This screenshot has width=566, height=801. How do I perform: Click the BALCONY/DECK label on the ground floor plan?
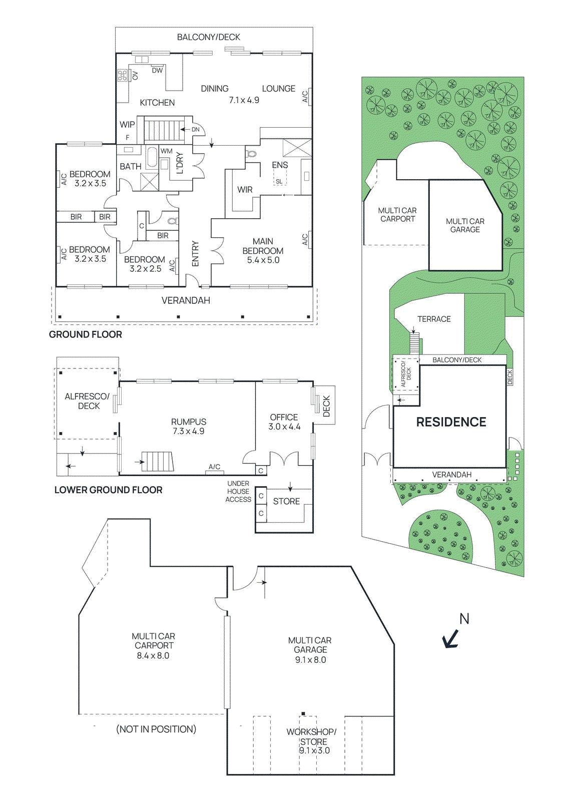pos(208,37)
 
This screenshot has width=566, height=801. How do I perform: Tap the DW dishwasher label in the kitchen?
pos(157,71)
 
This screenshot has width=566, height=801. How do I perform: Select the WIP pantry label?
pos(127,124)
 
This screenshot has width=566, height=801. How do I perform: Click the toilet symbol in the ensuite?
pos(251,154)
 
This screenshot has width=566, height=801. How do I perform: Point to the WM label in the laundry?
pos(166,151)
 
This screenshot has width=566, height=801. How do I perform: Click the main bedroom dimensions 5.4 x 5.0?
pos(263,260)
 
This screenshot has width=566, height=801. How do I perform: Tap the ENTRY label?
pos(195,253)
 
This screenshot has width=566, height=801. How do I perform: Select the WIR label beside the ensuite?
pos(245,190)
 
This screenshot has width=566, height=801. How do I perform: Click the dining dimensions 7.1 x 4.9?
pos(244,100)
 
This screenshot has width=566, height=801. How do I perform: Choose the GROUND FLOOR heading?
pos(86,334)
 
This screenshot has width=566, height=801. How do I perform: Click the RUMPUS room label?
pos(188,422)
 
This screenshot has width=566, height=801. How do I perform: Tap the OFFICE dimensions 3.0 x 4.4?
pos(284,427)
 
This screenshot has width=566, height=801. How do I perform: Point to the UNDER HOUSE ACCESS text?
pos(238,491)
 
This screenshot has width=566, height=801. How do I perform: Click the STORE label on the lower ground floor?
pos(286,501)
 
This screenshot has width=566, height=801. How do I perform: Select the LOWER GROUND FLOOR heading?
pos(108,490)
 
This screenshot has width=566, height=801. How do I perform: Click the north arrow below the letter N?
pos(451,639)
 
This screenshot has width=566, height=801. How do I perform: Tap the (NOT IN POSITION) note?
pos(156,729)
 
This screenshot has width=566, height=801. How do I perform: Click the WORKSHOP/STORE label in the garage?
pos(311,736)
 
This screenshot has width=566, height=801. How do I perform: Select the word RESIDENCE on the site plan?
pos(451,422)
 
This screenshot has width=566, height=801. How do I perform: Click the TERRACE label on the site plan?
pos(434,319)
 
